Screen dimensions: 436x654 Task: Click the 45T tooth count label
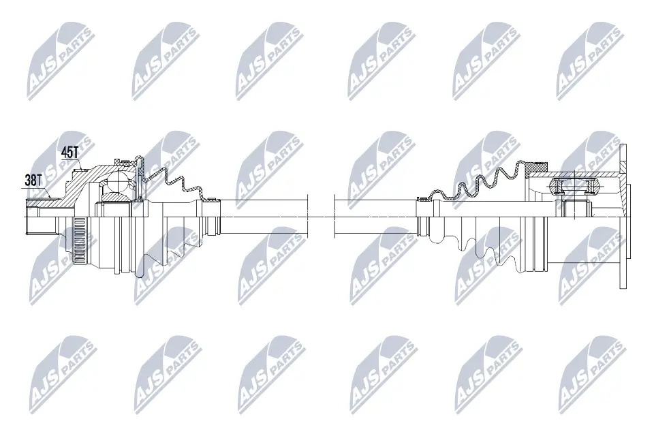[70, 153]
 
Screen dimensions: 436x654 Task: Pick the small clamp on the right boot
[423, 199]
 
